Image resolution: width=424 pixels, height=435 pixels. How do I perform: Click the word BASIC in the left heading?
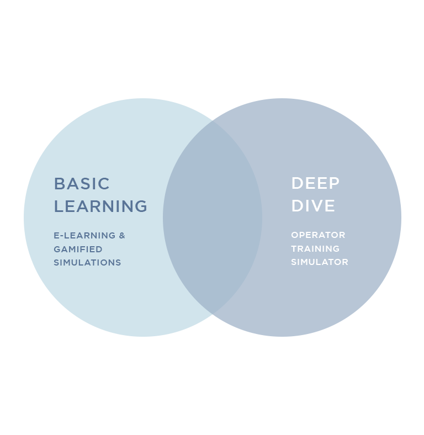(82, 184)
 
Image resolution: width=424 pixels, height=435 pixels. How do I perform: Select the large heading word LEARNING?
(100, 206)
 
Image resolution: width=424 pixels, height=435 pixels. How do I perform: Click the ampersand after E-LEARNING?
(122, 236)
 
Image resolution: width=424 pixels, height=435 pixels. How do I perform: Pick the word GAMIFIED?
(78, 250)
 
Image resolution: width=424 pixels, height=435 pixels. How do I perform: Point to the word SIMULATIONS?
(87, 263)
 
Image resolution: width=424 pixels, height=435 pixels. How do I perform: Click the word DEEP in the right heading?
(315, 183)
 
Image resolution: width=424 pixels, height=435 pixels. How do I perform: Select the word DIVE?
(313, 206)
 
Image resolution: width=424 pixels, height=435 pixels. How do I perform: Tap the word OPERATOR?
(318, 235)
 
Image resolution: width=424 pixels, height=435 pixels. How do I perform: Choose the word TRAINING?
(315, 249)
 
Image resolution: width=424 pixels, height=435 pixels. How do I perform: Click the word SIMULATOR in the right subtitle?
(320, 262)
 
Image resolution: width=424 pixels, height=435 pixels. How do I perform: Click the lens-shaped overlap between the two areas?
(213, 217)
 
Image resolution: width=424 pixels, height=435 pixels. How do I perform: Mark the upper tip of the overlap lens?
(213, 121)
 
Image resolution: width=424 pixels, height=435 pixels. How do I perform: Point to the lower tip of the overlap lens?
(213, 314)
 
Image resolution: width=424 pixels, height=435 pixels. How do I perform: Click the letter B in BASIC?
(59, 184)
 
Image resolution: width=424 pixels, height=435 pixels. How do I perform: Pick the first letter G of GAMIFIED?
(57, 250)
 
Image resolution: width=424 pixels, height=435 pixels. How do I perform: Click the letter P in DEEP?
(335, 183)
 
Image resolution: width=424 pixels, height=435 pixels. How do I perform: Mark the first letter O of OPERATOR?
(294, 235)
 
